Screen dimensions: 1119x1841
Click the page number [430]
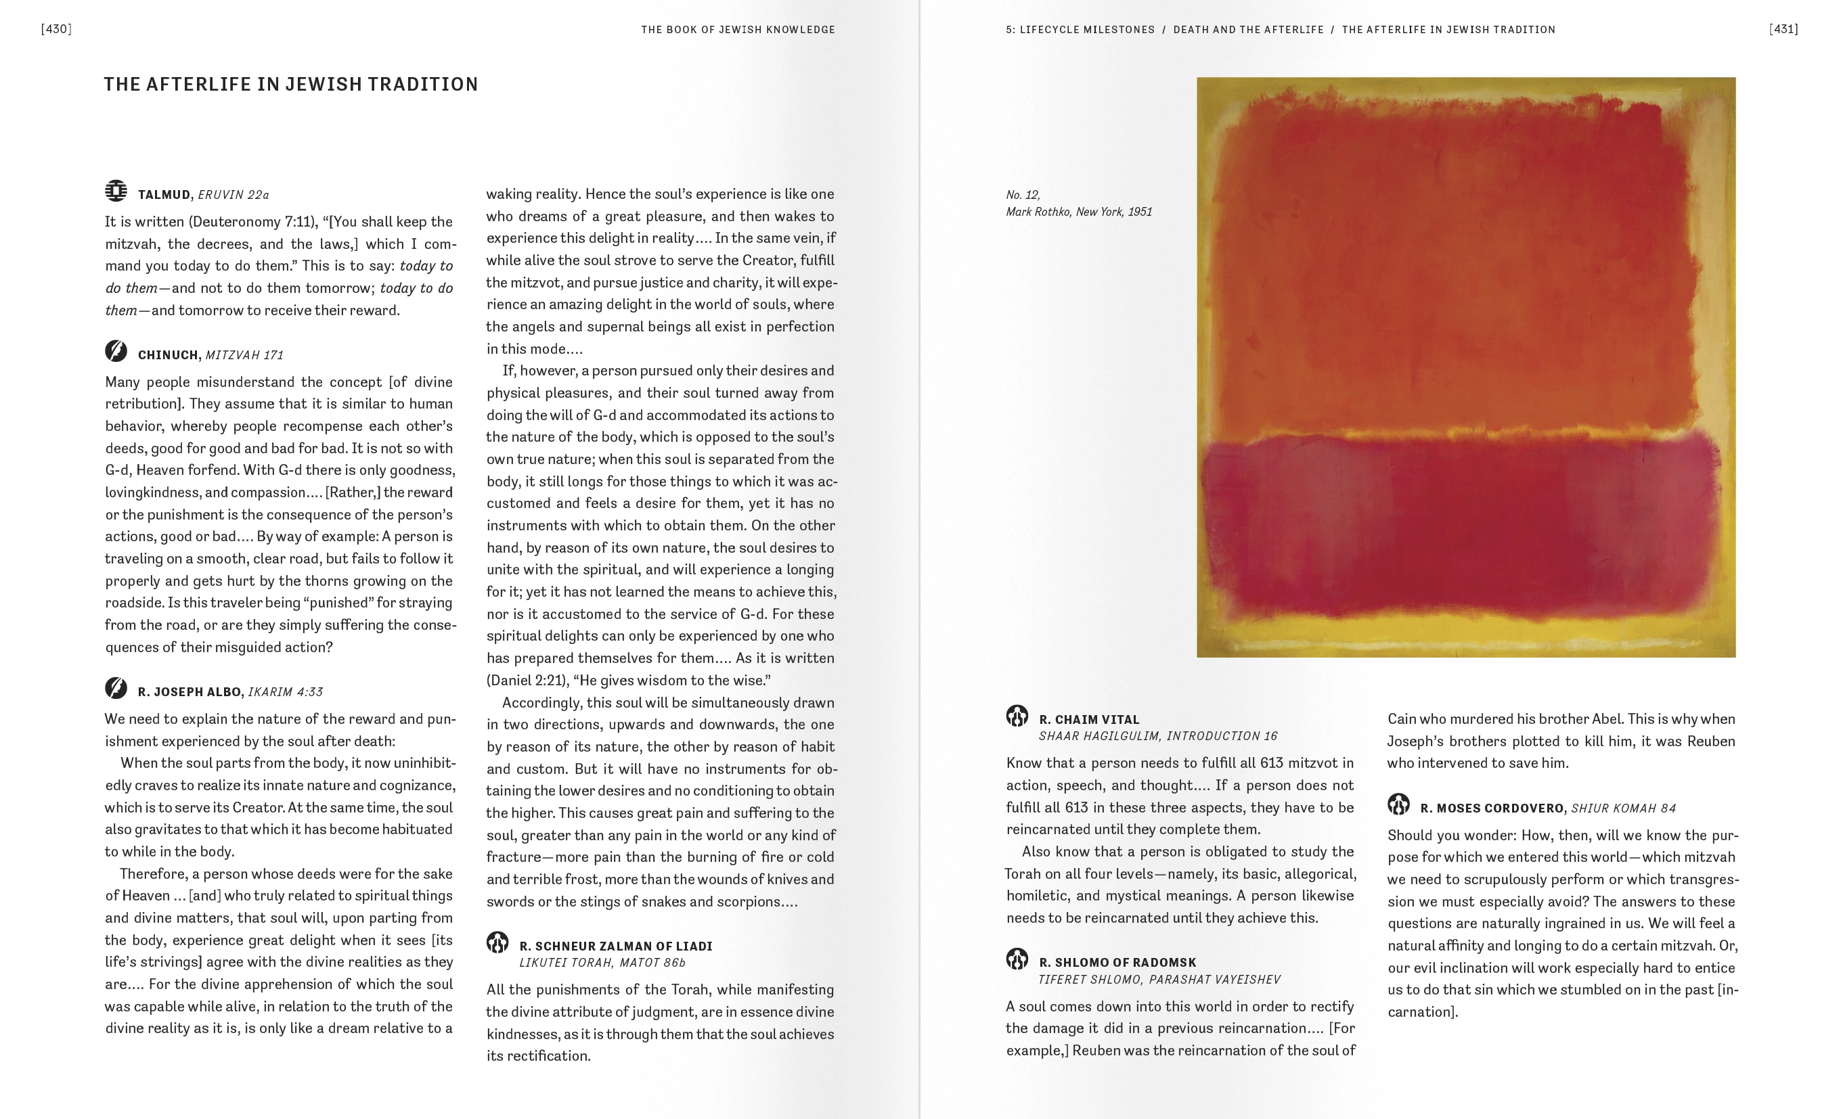[x=56, y=29]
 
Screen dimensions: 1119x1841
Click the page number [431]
[x=1783, y=29]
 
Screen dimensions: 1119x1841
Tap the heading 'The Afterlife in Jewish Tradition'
[x=290, y=85]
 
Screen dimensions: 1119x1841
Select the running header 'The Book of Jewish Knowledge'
[x=738, y=30]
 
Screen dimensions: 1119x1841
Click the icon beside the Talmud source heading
[x=116, y=191]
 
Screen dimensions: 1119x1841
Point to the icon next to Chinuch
[x=116, y=351]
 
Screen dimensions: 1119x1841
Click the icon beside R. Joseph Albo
[x=116, y=688]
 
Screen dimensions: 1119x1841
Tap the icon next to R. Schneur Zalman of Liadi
[x=497, y=942]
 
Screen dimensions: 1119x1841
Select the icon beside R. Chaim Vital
[x=1017, y=716]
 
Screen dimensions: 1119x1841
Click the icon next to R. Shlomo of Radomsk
[x=1017, y=959]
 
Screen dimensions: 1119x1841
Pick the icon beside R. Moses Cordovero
[x=1398, y=804]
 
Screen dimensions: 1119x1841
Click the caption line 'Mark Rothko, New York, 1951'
[x=1078, y=212]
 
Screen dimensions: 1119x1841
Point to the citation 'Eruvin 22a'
[x=233, y=195]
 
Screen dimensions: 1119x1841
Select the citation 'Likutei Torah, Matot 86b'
[x=602, y=963]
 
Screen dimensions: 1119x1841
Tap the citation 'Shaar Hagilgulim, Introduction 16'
[x=1157, y=737]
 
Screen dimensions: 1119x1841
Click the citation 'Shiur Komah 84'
[x=1623, y=808]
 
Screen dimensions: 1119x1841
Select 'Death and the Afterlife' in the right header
[x=1248, y=30]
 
